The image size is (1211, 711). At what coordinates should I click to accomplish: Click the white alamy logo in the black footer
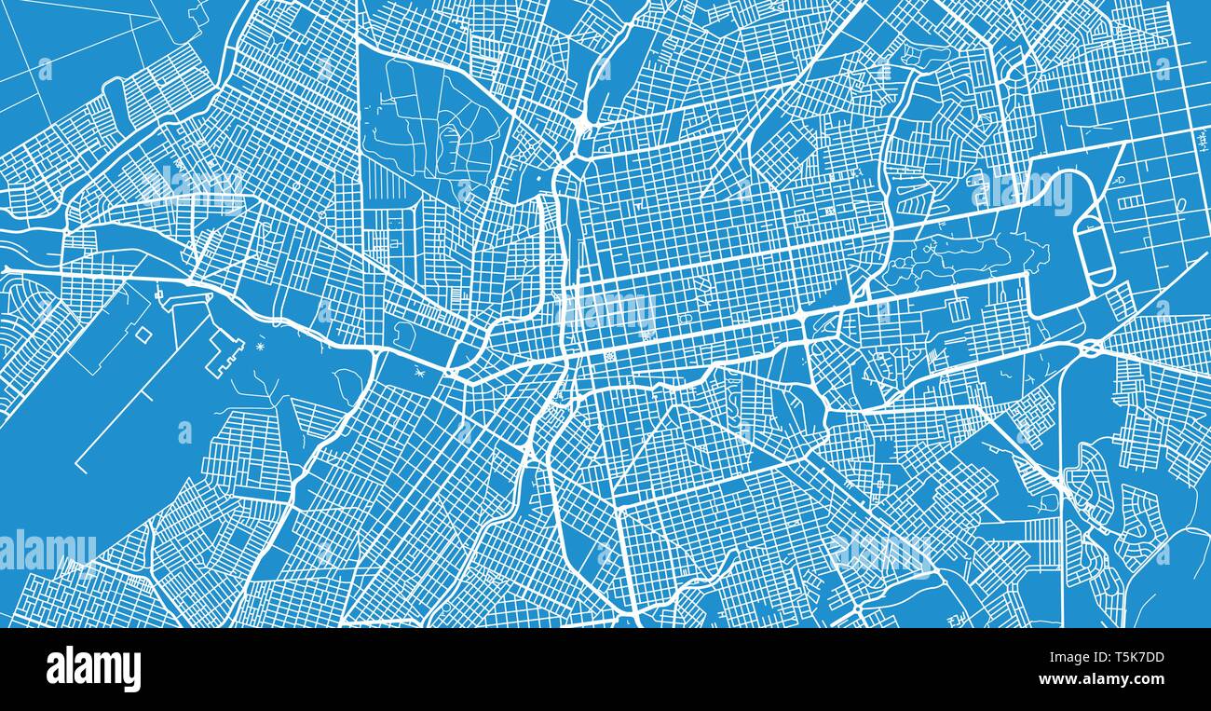pyautogui.click(x=93, y=669)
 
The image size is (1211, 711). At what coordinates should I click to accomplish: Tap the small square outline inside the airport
pyautogui.click(x=143, y=333)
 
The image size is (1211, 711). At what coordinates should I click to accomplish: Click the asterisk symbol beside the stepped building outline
pyautogui.click(x=260, y=347)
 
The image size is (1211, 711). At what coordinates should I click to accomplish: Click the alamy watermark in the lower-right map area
pyautogui.click(x=881, y=553)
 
